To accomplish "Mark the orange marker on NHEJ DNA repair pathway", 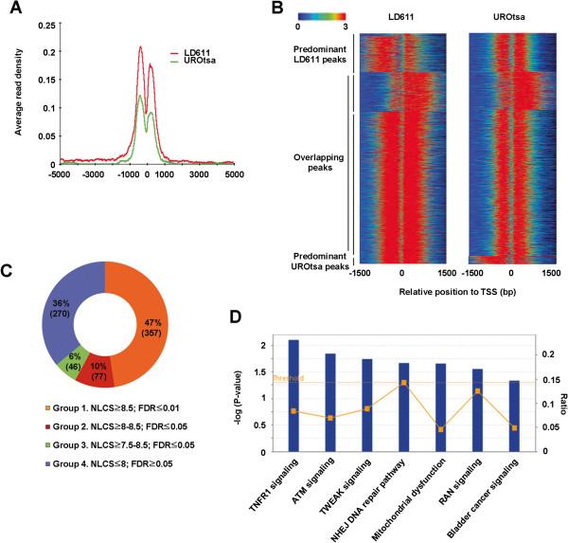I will pos(404,383).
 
